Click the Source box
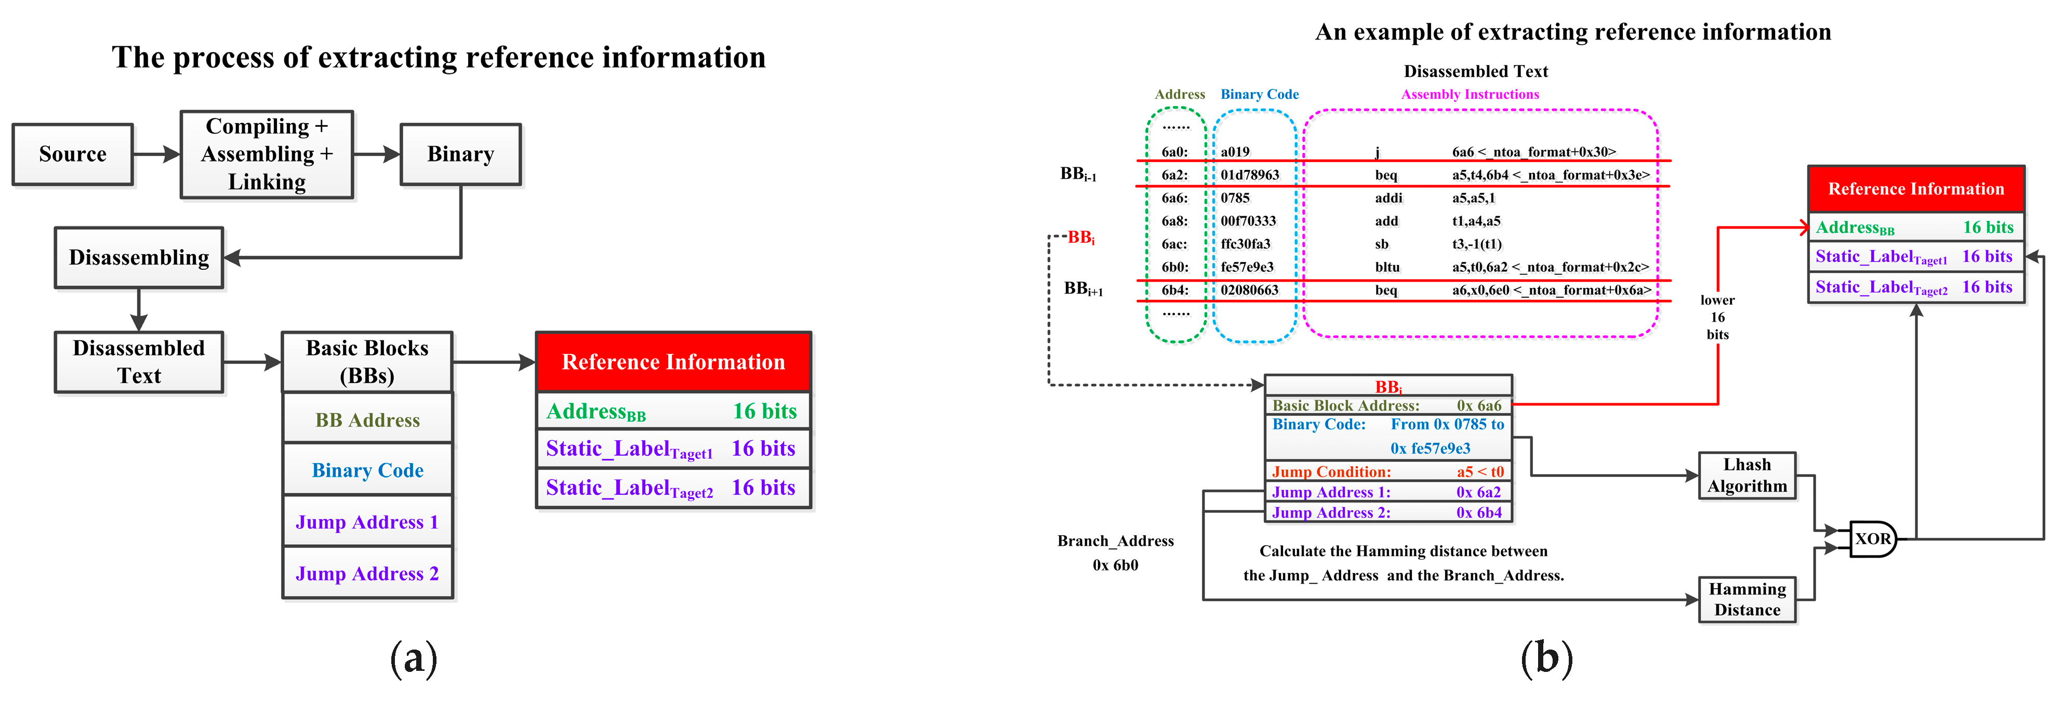[x=73, y=154]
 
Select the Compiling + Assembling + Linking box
[x=267, y=154]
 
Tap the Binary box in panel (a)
[x=460, y=154]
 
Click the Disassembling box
[x=139, y=257]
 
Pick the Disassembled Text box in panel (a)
[x=139, y=362]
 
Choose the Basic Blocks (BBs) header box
[x=367, y=362]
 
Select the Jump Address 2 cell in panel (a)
[x=367, y=574]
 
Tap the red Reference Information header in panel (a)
[x=673, y=362]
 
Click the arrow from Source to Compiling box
[x=156, y=154]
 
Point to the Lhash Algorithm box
[x=1747, y=475]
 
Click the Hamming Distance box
[x=1747, y=599]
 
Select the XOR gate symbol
[x=1872, y=539]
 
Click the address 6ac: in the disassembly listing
[x=1174, y=244]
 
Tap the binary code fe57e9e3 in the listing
[x=1247, y=267]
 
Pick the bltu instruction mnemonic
[x=1387, y=267]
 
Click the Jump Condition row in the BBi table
[x=1387, y=472]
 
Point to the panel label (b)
[x=1546, y=658]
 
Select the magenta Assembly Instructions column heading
[x=1470, y=95]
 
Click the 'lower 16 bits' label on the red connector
[x=1717, y=318]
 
